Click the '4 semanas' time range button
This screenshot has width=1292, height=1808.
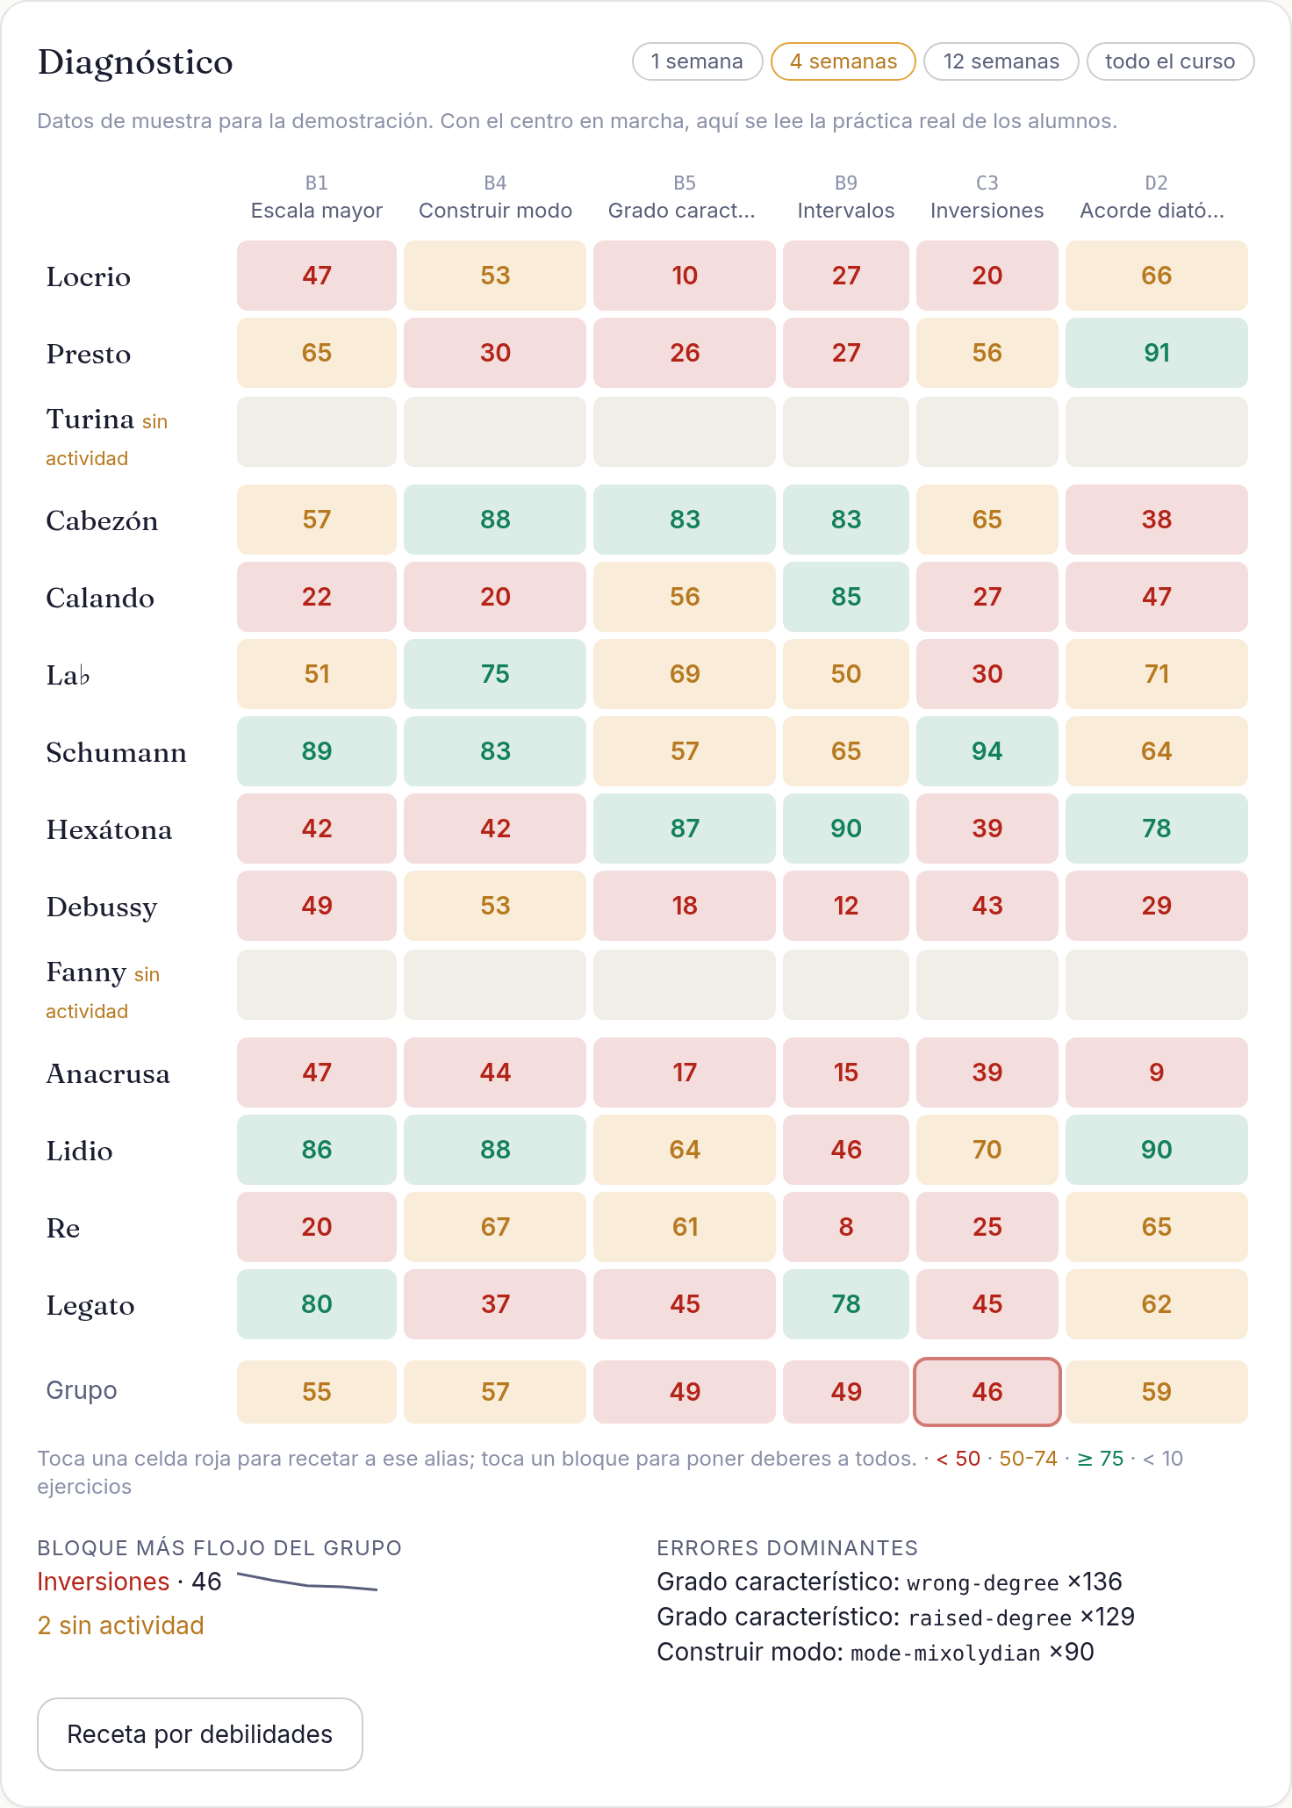click(x=843, y=61)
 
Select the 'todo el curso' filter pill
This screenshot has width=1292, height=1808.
click(x=1170, y=61)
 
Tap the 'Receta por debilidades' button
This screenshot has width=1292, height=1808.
click(x=200, y=1734)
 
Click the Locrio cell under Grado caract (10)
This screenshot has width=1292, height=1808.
click(x=685, y=276)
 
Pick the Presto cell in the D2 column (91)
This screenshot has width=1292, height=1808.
click(x=1157, y=353)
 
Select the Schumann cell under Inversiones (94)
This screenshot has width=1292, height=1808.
click(x=987, y=751)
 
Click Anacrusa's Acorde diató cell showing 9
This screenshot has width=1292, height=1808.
click(x=1157, y=1073)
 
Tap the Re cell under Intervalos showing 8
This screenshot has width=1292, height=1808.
click(x=846, y=1227)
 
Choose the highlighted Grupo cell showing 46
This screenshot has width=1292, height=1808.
click(x=987, y=1392)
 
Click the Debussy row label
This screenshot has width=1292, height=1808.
click(x=102, y=907)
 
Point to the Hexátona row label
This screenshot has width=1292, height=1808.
click(x=109, y=829)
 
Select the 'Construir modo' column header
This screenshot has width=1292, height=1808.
click(x=496, y=211)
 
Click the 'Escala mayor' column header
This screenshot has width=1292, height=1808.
click(x=317, y=211)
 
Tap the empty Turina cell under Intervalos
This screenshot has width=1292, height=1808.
click(x=846, y=432)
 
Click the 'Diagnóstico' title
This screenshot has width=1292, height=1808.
click(x=135, y=62)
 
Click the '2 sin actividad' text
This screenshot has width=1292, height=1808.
click(x=121, y=1625)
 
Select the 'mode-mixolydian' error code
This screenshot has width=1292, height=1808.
click(x=945, y=1654)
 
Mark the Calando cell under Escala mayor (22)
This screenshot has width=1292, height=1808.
click(x=317, y=597)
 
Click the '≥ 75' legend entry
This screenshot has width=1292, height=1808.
click(x=1101, y=1459)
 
